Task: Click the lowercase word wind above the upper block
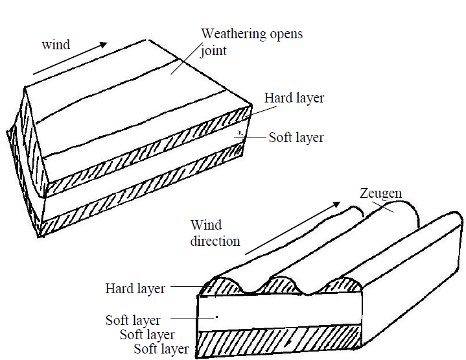[55, 45]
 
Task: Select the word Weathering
[233, 33]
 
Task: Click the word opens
[284, 33]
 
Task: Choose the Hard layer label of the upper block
[294, 99]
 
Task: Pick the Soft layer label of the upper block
[296, 138]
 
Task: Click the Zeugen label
[380, 193]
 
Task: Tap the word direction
[215, 241]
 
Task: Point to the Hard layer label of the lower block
[135, 288]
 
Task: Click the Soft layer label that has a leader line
[133, 320]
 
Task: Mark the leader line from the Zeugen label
[392, 207]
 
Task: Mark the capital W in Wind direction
[197, 226]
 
